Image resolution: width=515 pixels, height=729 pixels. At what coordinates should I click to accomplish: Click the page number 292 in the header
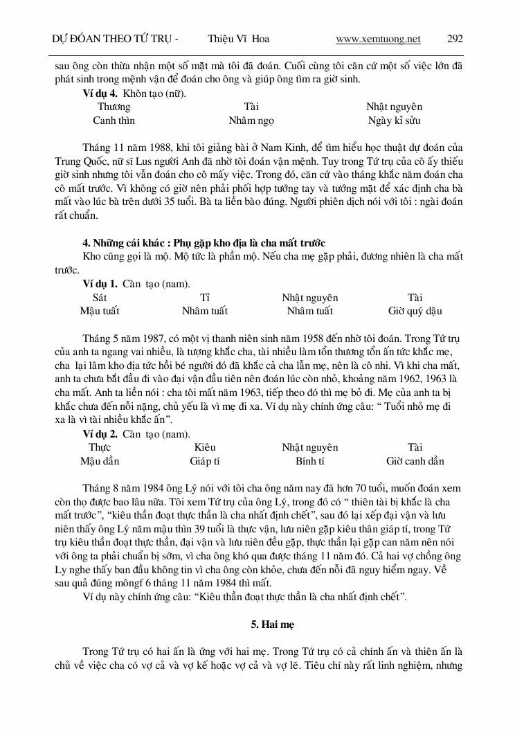pyautogui.click(x=455, y=39)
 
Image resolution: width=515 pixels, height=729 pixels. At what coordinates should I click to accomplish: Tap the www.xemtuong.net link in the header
pyautogui.click(x=378, y=39)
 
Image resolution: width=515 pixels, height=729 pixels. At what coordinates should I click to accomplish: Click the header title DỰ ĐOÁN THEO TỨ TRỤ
pyautogui.click(x=111, y=39)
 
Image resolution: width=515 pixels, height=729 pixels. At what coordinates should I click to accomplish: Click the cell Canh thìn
pyautogui.click(x=114, y=120)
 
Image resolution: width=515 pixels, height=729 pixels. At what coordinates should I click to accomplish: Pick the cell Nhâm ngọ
pyautogui.click(x=251, y=120)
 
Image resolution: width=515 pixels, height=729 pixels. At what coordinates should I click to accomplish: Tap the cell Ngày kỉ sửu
pyautogui.click(x=394, y=120)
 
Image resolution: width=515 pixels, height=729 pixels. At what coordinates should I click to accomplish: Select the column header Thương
pyautogui.click(x=114, y=107)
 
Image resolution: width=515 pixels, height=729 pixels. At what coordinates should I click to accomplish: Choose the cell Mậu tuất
pyautogui.click(x=100, y=311)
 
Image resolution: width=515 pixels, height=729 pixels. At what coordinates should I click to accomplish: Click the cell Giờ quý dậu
pyautogui.click(x=415, y=311)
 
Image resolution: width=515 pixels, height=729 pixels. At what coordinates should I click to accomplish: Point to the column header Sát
pyautogui.click(x=100, y=298)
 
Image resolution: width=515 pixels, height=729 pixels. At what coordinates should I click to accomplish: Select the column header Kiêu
pyautogui.click(x=205, y=447)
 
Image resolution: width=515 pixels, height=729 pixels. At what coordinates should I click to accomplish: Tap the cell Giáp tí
pyautogui.click(x=205, y=461)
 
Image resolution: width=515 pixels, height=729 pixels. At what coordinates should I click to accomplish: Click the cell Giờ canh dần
pyautogui.click(x=415, y=461)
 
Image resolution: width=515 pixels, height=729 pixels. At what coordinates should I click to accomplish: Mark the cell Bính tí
pyautogui.click(x=309, y=461)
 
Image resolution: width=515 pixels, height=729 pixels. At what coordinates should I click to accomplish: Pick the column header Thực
pyautogui.click(x=100, y=447)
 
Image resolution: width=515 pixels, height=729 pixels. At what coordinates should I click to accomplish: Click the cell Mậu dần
pyautogui.click(x=100, y=461)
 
